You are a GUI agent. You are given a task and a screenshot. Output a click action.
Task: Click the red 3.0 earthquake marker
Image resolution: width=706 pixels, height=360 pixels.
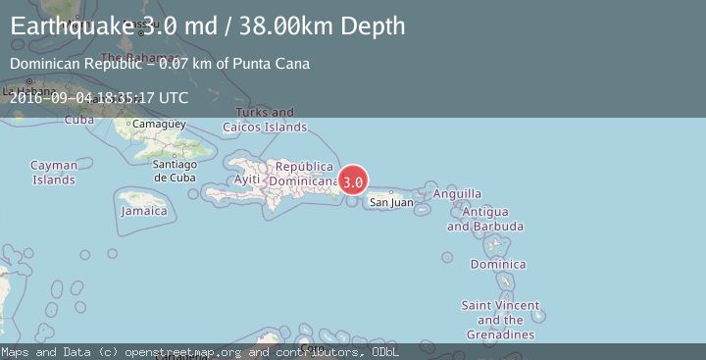coord(354,181)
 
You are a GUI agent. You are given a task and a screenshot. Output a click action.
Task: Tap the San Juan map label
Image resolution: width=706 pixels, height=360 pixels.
coord(390,203)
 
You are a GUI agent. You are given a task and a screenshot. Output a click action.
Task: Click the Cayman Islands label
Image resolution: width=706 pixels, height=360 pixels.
coord(53,173)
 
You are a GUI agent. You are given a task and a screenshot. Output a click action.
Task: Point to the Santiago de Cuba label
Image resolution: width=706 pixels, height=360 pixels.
coord(176,172)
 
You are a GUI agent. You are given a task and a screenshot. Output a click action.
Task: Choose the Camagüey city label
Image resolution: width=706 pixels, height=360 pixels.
coord(158,125)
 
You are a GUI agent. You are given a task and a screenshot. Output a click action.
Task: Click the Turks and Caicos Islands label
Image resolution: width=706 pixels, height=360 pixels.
coord(265,120)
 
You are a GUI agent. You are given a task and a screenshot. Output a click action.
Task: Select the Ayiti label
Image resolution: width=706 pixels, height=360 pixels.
coord(248,180)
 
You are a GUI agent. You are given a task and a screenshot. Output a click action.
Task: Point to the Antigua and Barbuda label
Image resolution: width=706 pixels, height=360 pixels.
coord(484,219)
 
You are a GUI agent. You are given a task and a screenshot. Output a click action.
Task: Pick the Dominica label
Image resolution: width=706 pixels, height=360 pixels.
coord(498,264)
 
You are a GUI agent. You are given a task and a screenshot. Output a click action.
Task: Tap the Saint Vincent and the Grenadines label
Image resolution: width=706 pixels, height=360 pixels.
coord(500,320)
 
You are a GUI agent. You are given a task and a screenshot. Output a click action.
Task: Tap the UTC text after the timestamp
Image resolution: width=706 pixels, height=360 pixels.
coord(173,97)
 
